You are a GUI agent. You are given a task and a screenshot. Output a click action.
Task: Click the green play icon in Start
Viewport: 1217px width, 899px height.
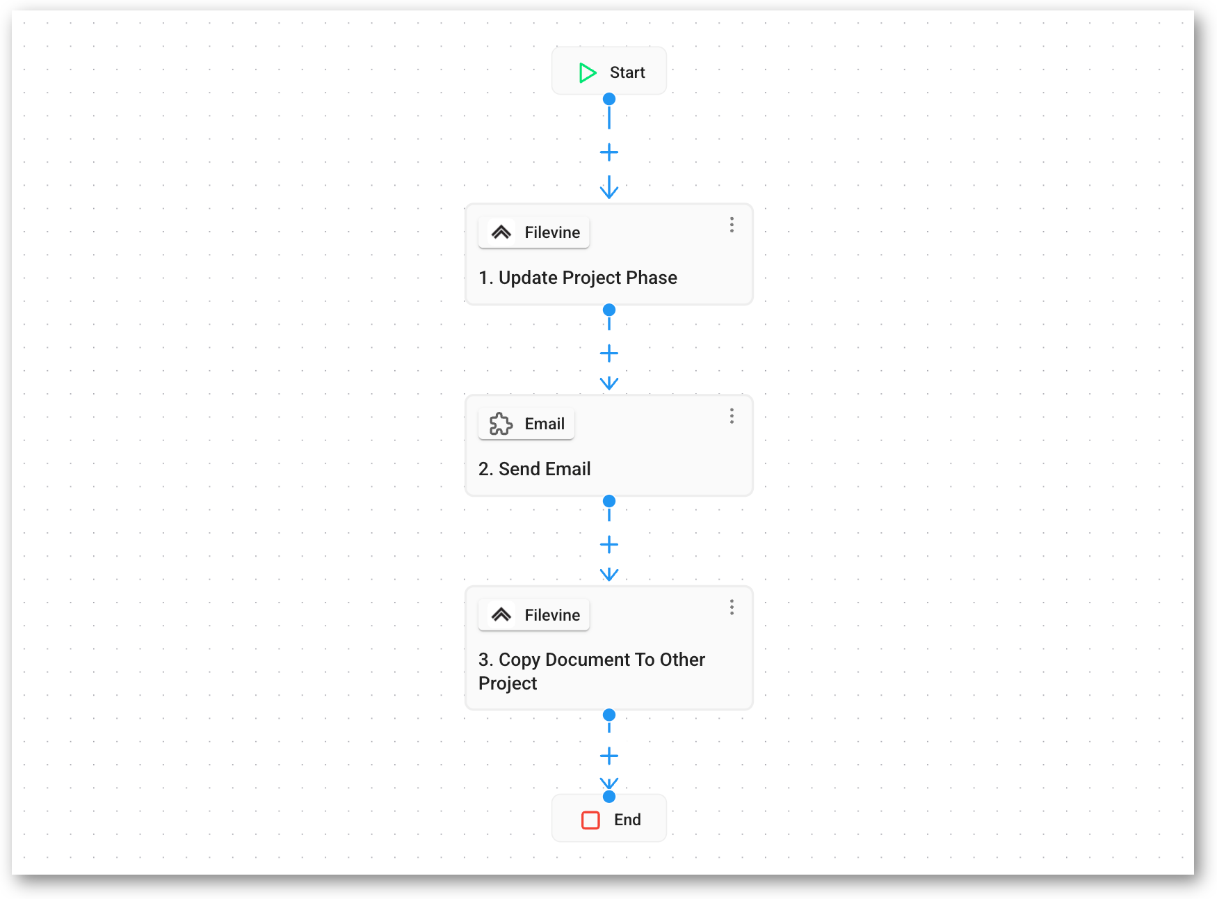click(588, 72)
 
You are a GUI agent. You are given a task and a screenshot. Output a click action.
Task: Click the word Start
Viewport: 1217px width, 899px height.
click(627, 72)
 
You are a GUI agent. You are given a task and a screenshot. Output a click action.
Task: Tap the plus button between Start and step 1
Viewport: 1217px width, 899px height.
click(609, 152)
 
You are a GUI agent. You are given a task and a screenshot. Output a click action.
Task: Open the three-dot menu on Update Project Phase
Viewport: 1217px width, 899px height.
click(732, 225)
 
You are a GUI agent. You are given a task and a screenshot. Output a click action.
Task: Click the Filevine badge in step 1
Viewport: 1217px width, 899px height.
click(534, 232)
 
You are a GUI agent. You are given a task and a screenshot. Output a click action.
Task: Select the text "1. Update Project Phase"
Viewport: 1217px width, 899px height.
click(578, 278)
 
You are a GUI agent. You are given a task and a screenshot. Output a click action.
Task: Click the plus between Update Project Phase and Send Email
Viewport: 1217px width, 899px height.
click(609, 353)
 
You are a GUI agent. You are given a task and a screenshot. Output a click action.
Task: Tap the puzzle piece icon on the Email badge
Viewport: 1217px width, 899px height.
click(501, 424)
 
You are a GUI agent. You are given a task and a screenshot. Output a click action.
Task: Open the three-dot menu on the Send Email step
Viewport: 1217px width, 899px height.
click(732, 416)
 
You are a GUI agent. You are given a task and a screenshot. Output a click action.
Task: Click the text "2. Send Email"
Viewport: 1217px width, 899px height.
click(535, 469)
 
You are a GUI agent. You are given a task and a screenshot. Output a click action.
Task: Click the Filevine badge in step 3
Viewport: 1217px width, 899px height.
click(534, 615)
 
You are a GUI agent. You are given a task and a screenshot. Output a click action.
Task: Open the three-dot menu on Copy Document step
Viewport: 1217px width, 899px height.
click(732, 607)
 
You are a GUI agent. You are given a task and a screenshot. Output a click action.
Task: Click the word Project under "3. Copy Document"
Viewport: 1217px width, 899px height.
click(508, 683)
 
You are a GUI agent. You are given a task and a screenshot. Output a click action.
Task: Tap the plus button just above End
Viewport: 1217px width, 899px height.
click(609, 756)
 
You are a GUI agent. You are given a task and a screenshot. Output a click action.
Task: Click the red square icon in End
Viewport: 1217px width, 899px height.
click(590, 820)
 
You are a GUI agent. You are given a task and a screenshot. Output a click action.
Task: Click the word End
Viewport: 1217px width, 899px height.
click(627, 820)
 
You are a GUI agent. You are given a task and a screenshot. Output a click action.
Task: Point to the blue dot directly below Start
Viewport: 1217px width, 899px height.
click(609, 99)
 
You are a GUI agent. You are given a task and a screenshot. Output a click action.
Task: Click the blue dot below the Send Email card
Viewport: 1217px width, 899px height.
click(609, 501)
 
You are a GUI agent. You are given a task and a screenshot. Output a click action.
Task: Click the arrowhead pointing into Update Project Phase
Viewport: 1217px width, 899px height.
click(609, 189)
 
